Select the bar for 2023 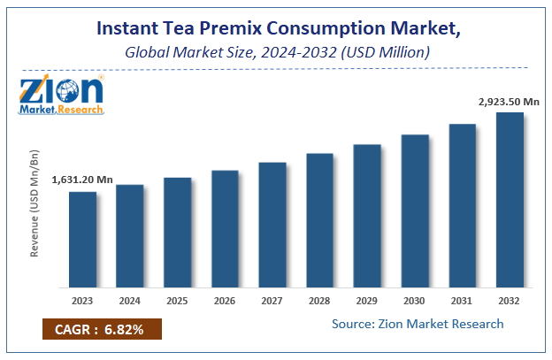[x=82, y=239]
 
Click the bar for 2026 [x=225, y=228]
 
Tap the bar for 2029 [x=367, y=215]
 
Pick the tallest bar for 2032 [x=510, y=199]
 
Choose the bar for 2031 [x=462, y=205]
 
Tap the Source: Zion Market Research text [x=418, y=324]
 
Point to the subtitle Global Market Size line [x=276, y=53]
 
